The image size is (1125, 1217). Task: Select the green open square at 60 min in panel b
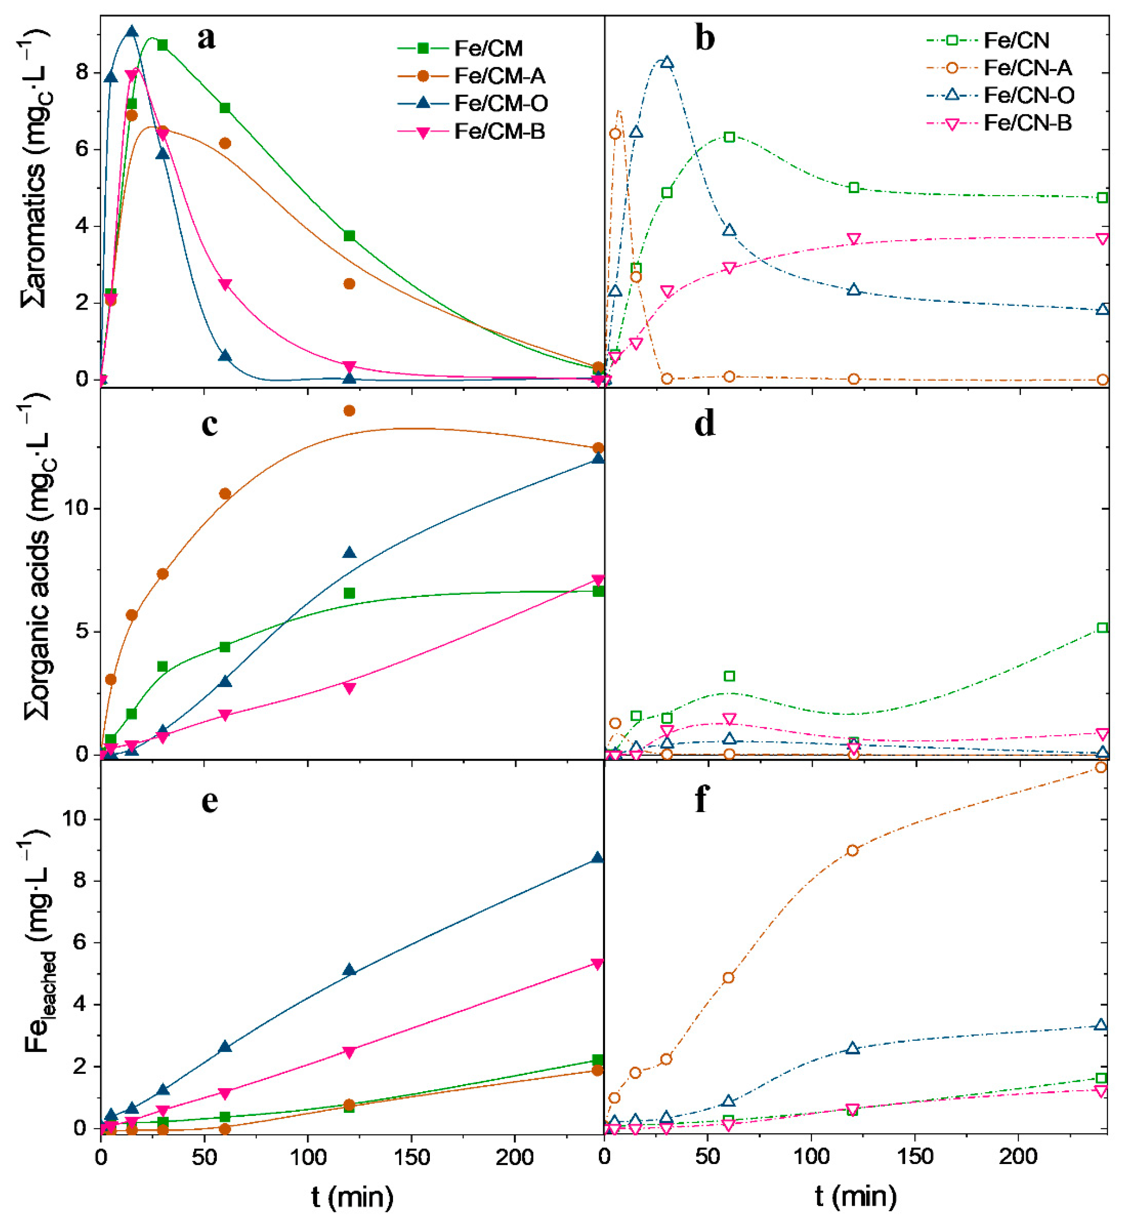click(729, 137)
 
